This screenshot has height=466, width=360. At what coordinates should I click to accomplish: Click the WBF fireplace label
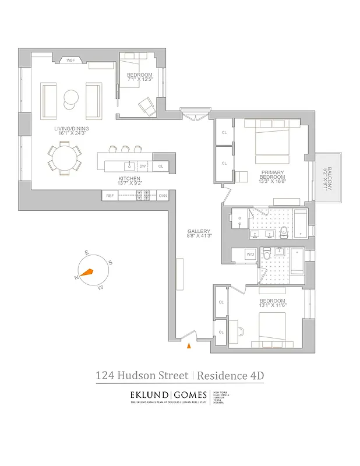point(71,60)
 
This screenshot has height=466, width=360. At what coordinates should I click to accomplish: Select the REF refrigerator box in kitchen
point(110,196)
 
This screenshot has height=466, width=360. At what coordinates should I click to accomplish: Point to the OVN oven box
point(163,196)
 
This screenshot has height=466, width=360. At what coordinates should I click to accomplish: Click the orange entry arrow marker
point(188,347)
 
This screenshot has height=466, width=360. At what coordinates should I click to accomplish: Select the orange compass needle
point(87,271)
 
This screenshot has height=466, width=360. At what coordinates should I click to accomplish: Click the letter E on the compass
point(86,252)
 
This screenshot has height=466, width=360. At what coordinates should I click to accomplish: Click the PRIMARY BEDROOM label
point(272,173)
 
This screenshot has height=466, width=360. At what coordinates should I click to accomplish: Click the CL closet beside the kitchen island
point(161,166)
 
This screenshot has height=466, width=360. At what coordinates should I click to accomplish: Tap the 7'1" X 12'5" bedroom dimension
point(140,80)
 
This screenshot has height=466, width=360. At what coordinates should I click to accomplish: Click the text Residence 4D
point(231,376)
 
